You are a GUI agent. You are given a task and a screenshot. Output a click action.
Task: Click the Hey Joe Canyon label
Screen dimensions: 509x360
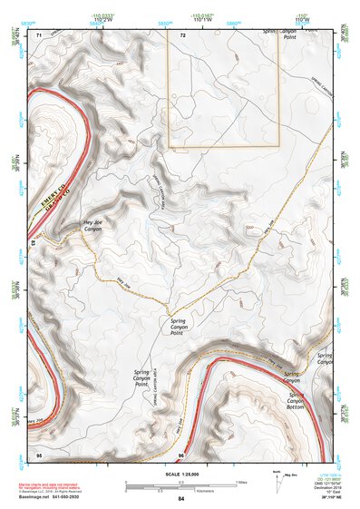click(92, 226)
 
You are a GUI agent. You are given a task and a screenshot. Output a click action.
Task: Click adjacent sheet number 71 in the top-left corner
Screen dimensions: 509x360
click(39, 34)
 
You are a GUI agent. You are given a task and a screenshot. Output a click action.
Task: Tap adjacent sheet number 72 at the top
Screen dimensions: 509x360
click(182, 34)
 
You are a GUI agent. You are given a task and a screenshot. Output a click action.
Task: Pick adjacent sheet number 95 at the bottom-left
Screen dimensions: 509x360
click(39, 453)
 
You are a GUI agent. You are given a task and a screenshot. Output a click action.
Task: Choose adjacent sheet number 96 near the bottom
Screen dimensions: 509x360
click(181, 453)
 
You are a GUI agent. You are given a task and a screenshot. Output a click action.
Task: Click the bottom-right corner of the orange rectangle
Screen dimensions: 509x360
click(278, 146)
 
